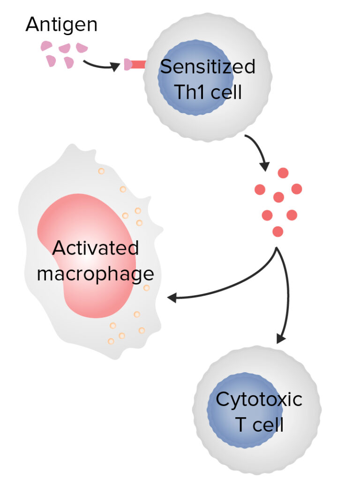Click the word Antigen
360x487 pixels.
(x=61, y=24)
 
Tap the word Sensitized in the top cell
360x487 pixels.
(x=208, y=67)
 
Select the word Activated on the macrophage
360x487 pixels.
(x=96, y=248)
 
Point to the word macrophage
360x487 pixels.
(x=96, y=274)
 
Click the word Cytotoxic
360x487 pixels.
(x=259, y=400)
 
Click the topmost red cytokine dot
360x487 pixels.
(x=283, y=172)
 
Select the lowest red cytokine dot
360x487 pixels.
(x=277, y=231)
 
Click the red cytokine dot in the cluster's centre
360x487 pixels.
(x=278, y=197)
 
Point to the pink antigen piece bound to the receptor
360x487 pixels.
(x=127, y=65)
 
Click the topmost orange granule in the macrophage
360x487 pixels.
(x=101, y=171)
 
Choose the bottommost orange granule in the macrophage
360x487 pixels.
(x=111, y=341)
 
